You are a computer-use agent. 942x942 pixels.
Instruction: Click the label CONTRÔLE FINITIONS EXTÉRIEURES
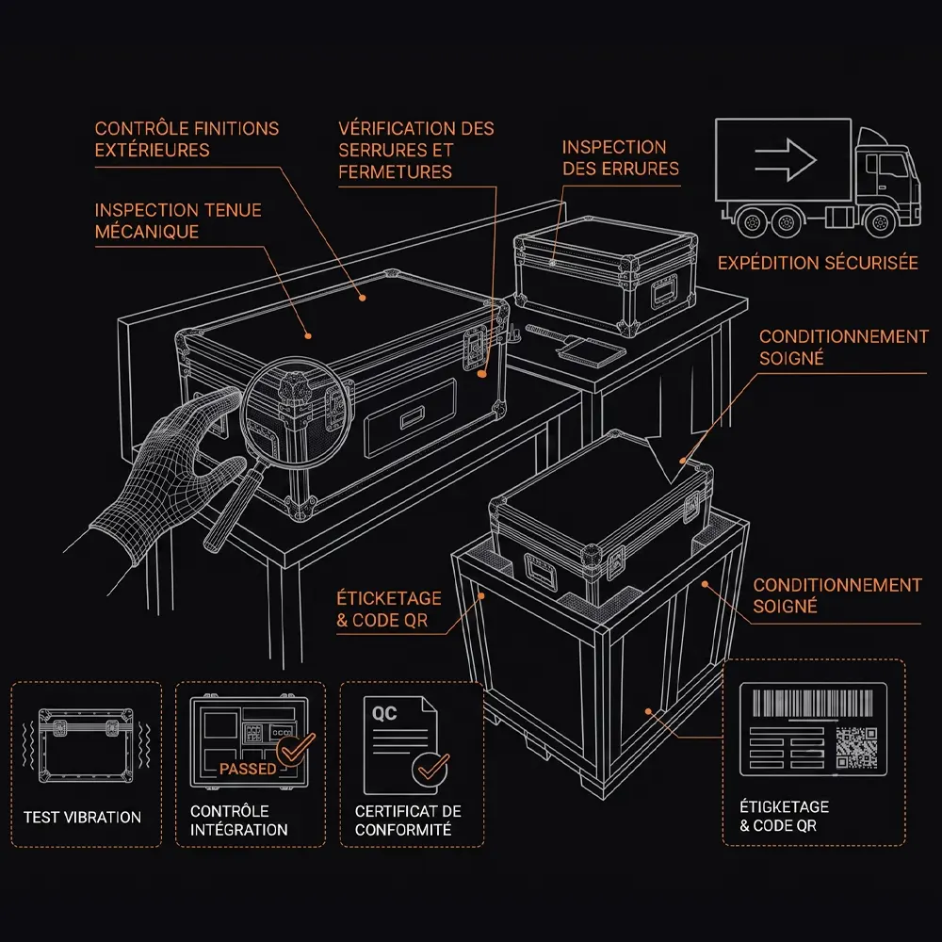187,138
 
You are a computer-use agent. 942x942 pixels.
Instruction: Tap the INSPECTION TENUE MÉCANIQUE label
178,220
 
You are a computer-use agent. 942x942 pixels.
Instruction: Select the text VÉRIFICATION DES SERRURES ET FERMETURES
415,150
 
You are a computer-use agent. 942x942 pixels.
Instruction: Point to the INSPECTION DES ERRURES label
621,158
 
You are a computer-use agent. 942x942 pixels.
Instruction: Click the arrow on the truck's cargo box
786,160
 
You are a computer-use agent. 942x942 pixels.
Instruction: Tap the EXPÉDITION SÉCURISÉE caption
818,263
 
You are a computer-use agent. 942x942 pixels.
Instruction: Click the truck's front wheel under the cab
880,222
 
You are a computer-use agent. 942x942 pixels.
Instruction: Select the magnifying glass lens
296,409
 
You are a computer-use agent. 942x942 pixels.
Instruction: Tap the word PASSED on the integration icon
248,769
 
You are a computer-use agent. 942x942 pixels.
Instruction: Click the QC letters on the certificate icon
384,713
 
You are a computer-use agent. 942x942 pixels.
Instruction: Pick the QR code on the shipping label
856,747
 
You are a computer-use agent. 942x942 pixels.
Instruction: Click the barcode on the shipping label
813,703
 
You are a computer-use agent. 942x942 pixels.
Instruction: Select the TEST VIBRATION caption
82,817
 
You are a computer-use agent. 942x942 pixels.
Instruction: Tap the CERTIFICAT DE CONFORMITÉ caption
408,820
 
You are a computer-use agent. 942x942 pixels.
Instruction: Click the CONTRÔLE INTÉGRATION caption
239,820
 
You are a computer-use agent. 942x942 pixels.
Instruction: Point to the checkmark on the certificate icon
432,767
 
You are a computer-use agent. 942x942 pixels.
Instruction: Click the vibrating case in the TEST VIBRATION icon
86,745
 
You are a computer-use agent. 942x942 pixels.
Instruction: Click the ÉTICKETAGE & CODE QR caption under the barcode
784,816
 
